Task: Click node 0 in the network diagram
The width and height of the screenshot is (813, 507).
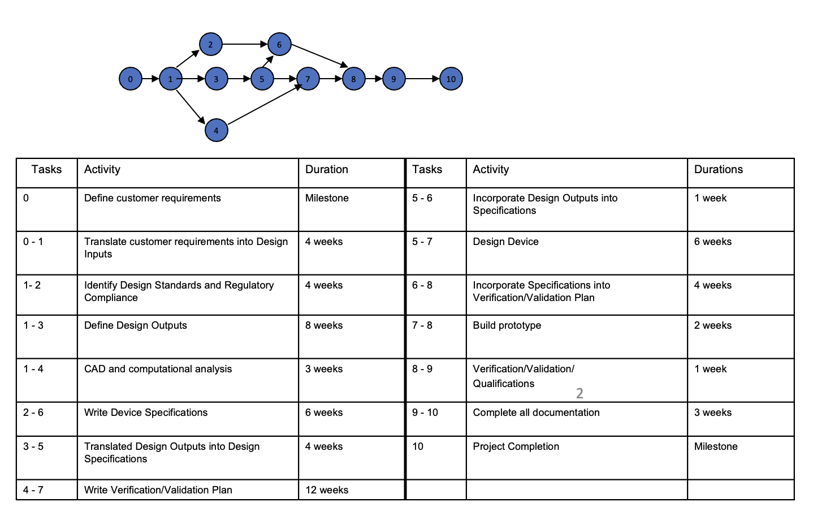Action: [131, 79]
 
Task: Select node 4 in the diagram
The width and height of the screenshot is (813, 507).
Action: [216, 130]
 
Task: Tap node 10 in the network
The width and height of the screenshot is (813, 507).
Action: [451, 79]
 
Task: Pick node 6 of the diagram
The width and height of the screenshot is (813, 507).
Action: [279, 44]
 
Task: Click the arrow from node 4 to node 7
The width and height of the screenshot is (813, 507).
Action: [263, 105]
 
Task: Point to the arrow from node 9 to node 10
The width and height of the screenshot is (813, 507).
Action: [422, 79]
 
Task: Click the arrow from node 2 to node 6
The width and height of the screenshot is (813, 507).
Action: [244, 44]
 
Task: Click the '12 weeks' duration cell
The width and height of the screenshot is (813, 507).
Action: [351, 490]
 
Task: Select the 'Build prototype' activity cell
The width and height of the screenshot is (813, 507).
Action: [576, 336]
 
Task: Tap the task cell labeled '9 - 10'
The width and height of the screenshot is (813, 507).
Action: [435, 419]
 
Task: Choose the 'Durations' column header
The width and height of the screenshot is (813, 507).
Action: [740, 173]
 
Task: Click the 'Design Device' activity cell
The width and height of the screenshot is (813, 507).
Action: [576, 252]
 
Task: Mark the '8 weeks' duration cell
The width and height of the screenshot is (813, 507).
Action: [351, 336]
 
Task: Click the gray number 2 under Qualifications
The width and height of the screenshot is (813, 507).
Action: [580, 393]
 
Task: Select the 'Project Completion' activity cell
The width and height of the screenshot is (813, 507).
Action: [576, 457]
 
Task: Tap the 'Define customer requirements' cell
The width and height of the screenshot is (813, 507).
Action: [187, 209]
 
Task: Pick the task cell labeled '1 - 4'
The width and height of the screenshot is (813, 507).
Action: [46, 380]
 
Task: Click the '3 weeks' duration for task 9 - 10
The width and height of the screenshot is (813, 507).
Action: [740, 419]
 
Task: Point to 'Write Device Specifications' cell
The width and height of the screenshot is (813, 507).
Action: [187, 419]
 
